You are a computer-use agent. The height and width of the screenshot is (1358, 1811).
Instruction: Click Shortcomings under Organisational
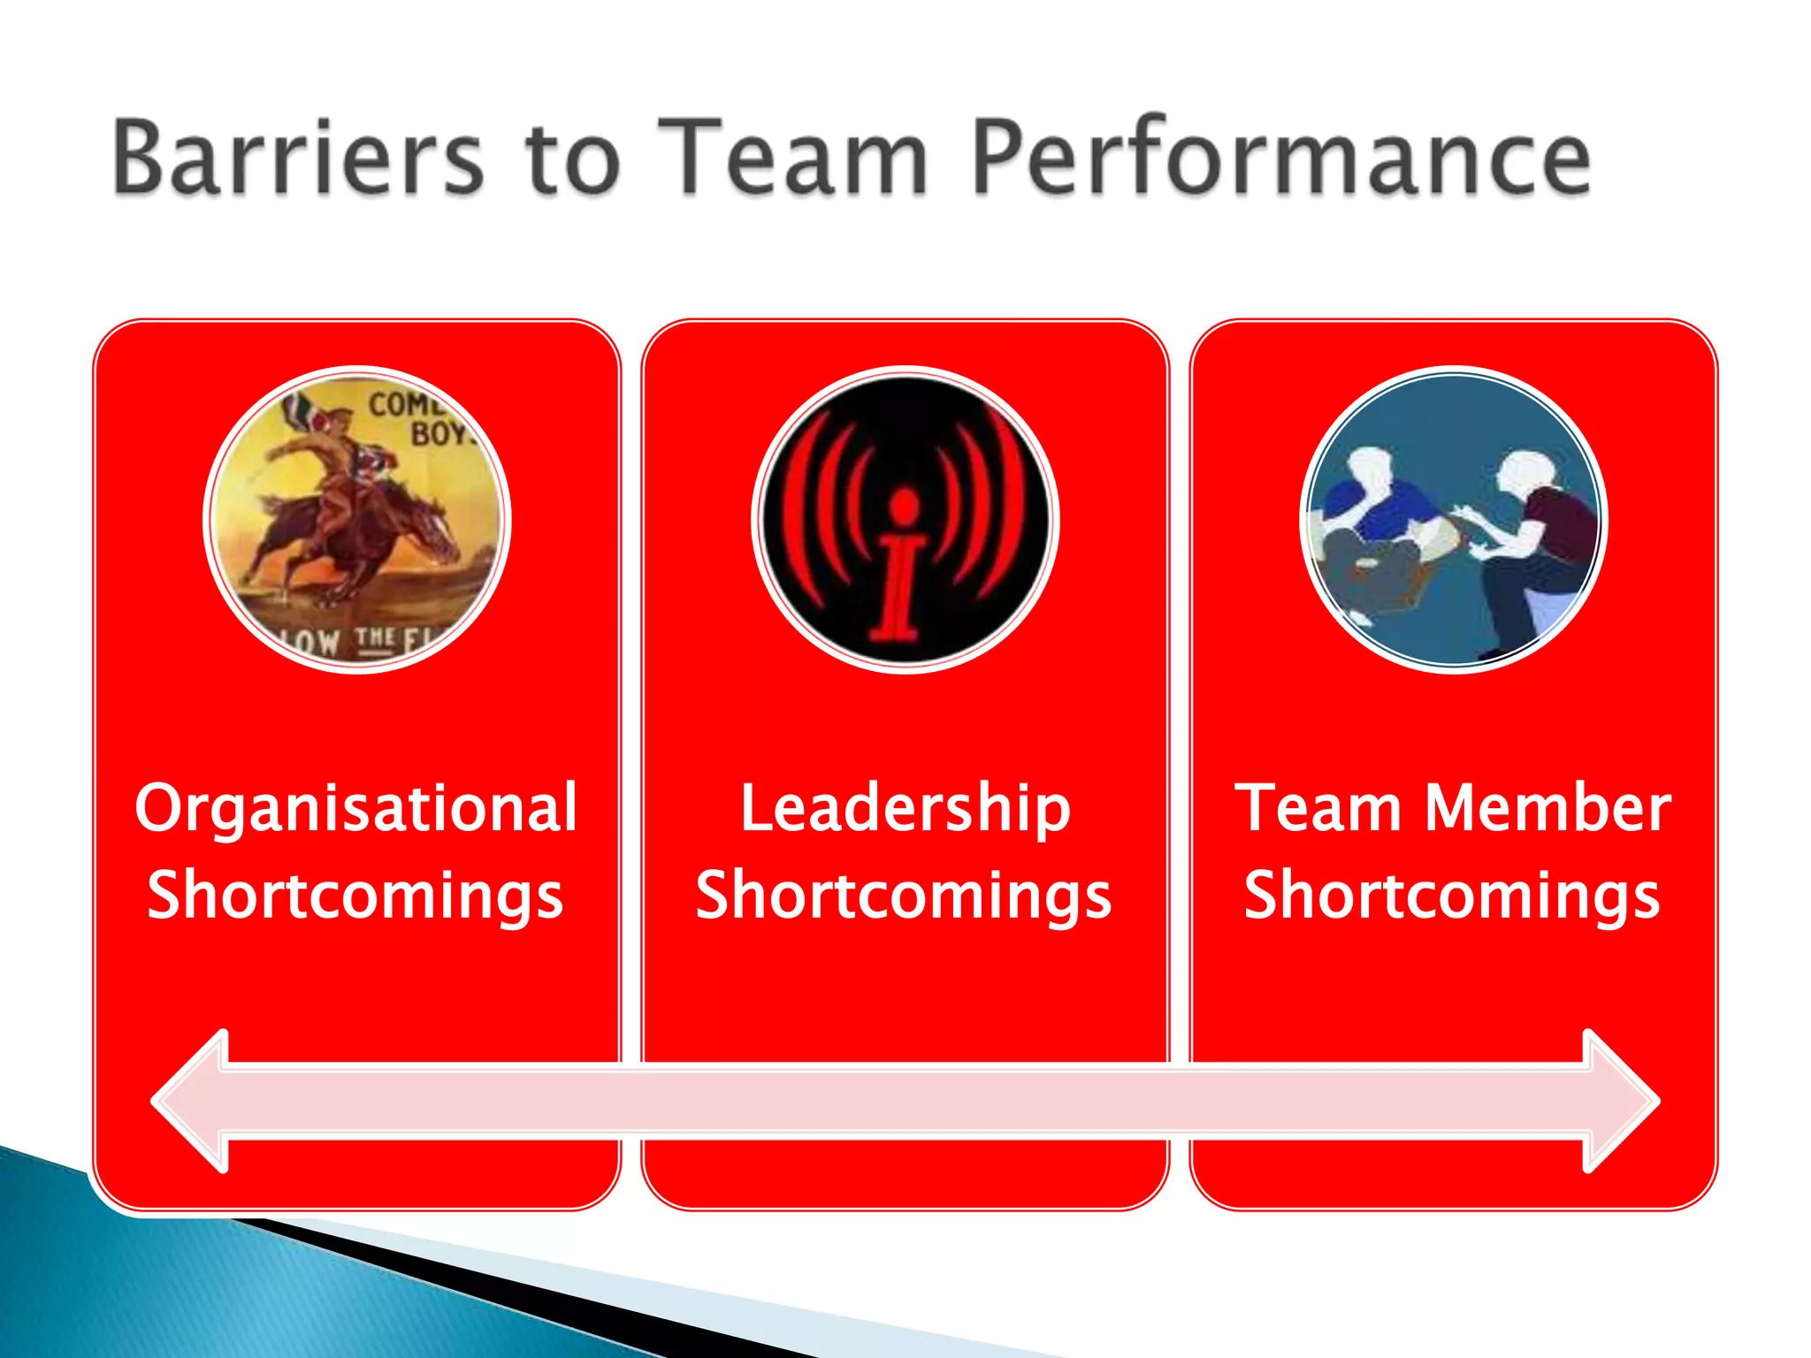(355, 895)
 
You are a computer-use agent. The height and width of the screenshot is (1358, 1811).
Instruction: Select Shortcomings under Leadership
(904, 895)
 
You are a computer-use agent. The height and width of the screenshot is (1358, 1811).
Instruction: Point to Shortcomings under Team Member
(1452, 895)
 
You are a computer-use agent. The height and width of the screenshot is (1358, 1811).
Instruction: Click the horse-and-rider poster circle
(357, 520)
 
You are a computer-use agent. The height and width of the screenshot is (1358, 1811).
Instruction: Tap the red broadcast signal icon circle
(905, 520)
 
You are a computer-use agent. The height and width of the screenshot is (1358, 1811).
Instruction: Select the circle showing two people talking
(1454, 520)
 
